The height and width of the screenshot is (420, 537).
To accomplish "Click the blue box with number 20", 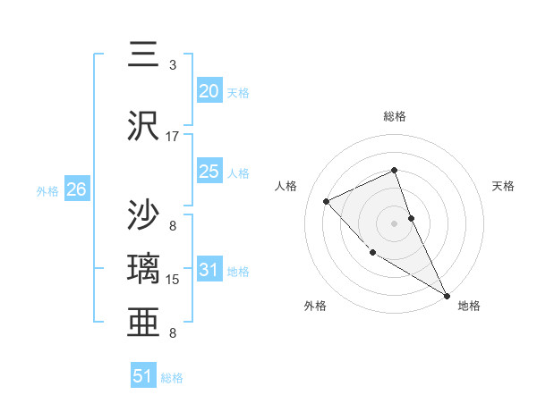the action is tap(209, 90).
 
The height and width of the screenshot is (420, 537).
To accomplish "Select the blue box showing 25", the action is tap(209, 171).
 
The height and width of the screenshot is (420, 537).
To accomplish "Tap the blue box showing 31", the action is tap(209, 269).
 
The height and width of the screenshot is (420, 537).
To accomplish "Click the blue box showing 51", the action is tap(143, 376).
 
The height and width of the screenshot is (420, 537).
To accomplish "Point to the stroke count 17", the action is tap(173, 137).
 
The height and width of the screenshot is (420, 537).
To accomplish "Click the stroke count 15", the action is tap(173, 280).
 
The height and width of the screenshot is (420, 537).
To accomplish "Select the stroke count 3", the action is tap(173, 65).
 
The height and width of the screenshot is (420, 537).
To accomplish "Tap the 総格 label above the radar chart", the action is tap(395, 116).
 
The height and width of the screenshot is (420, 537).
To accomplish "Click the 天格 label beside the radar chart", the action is tap(504, 186).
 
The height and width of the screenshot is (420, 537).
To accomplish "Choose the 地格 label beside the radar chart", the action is tap(469, 306).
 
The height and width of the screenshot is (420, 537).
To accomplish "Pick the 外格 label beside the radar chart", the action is tap(315, 306).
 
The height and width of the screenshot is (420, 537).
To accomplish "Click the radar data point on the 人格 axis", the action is tap(327, 201).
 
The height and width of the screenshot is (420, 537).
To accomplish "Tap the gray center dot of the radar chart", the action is tap(395, 223).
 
